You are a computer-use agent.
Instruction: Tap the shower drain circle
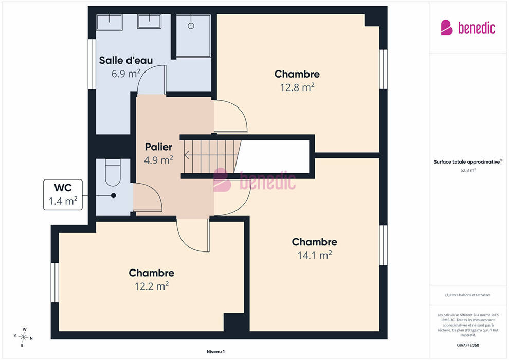[191, 26]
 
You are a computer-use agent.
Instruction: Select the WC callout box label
[63, 194]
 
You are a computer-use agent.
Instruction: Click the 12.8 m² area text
[297, 87]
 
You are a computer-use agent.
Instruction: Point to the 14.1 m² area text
[315, 255]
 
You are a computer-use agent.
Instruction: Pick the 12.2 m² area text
[152, 286]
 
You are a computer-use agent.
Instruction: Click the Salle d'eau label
[126, 60]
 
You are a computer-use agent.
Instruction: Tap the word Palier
[158, 147]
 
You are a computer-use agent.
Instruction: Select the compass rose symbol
[23, 337]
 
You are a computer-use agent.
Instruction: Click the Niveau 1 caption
[215, 352]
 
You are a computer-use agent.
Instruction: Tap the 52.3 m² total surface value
[468, 170]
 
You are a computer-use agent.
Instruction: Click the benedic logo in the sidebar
[468, 28]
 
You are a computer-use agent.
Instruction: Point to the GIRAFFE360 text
[468, 345]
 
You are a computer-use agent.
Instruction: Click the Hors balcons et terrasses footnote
[468, 295]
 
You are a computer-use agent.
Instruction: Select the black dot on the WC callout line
[113, 195]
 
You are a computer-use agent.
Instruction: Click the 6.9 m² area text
[126, 74]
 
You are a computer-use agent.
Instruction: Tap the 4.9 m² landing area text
[158, 160]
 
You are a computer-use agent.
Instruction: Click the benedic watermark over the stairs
[254, 180]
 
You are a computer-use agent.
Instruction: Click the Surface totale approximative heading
[468, 161]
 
